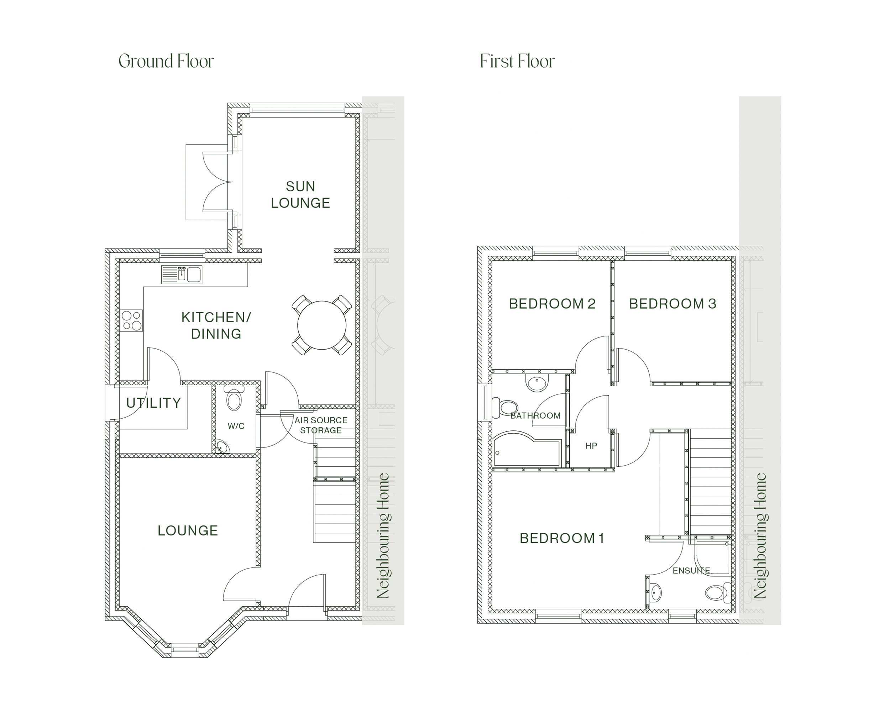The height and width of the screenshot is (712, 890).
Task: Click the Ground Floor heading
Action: [x=166, y=61]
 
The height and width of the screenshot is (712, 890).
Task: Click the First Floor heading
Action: [x=517, y=61]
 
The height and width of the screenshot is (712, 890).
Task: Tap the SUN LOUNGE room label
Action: [x=300, y=194]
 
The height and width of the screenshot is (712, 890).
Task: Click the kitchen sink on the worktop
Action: [x=182, y=274]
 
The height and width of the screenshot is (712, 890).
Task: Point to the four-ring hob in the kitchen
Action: [x=131, y=321]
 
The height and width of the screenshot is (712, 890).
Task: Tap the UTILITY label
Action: [x=153, y=403]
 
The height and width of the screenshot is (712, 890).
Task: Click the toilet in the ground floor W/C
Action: [x=234, y=398]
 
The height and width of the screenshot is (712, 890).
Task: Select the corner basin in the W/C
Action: [x=222, y=447]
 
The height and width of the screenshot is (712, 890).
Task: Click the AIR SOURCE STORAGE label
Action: [x=321, y=425]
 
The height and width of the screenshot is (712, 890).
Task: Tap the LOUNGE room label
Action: [x=188, y=530]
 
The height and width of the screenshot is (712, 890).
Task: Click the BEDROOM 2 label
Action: [x=552, y=304]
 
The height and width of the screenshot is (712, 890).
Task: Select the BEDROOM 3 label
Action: [x=672, y=304]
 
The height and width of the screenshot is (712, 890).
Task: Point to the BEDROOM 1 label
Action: [x=562, y=538]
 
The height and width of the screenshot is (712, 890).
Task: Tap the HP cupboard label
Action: [x=591, y=446]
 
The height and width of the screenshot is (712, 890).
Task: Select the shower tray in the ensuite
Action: [x=712, y=557]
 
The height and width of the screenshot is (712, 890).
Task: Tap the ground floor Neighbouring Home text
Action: [x=383, y=536]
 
